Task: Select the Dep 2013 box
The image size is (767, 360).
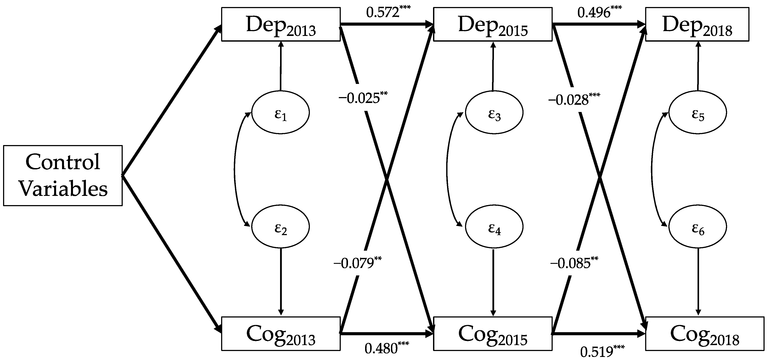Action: pyautogui.click(x=281, y=24)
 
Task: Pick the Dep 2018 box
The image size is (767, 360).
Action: pyautogui.click(x=697, y=24)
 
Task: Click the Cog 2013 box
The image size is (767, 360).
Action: pyautogui.click(x=281, y=333)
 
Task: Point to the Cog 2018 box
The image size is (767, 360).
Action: pyautogui.click(x=705, y=333)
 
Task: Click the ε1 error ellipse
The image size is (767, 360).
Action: pyautogui.click(x=281, y=113)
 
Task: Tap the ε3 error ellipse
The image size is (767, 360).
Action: pyautogui.click(x=494, y=113)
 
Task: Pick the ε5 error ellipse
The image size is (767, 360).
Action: pyautogui.click(x=698, y=113)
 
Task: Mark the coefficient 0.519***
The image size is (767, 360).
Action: pyautogui.click(x=602, y=351)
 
